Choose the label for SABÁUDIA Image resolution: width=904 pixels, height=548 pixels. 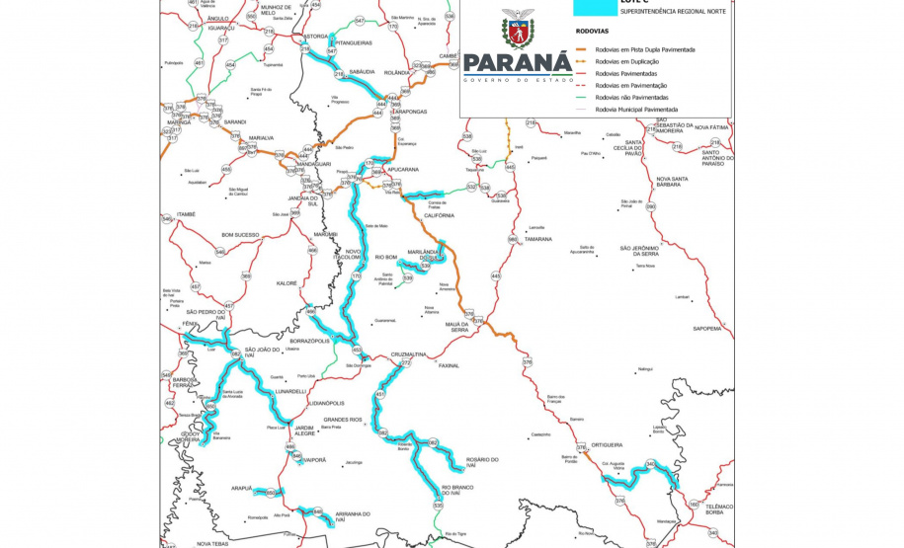362,72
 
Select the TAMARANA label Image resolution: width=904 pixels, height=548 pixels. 538,239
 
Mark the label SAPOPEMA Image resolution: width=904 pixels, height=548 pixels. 707,328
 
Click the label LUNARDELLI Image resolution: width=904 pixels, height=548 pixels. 290,391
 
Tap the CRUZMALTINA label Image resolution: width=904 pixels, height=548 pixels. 408,353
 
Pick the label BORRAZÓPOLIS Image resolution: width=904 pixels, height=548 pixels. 308,341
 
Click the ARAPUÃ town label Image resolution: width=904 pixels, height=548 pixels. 242,488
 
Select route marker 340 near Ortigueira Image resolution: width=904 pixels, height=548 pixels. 650,464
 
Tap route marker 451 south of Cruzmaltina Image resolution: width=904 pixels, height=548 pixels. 379,395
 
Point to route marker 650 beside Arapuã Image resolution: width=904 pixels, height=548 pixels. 270,492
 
